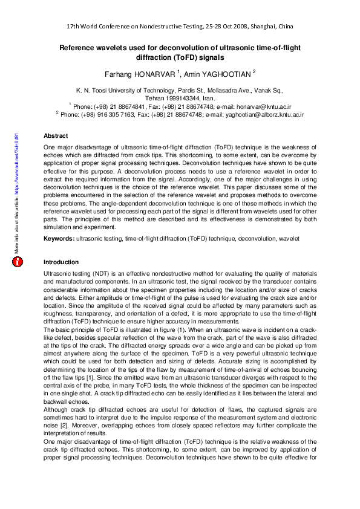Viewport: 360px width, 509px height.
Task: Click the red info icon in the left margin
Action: pos(18,262)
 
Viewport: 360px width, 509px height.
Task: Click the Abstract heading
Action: pos(56,136)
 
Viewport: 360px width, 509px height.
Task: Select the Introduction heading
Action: pos(61,262)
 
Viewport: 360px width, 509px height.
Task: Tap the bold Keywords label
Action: pos(59,239)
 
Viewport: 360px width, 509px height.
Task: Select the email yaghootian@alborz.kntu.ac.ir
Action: pos(263,114)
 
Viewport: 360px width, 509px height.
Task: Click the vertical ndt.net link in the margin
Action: pos(18,193)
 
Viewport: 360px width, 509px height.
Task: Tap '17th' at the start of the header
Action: pos(73,27)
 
